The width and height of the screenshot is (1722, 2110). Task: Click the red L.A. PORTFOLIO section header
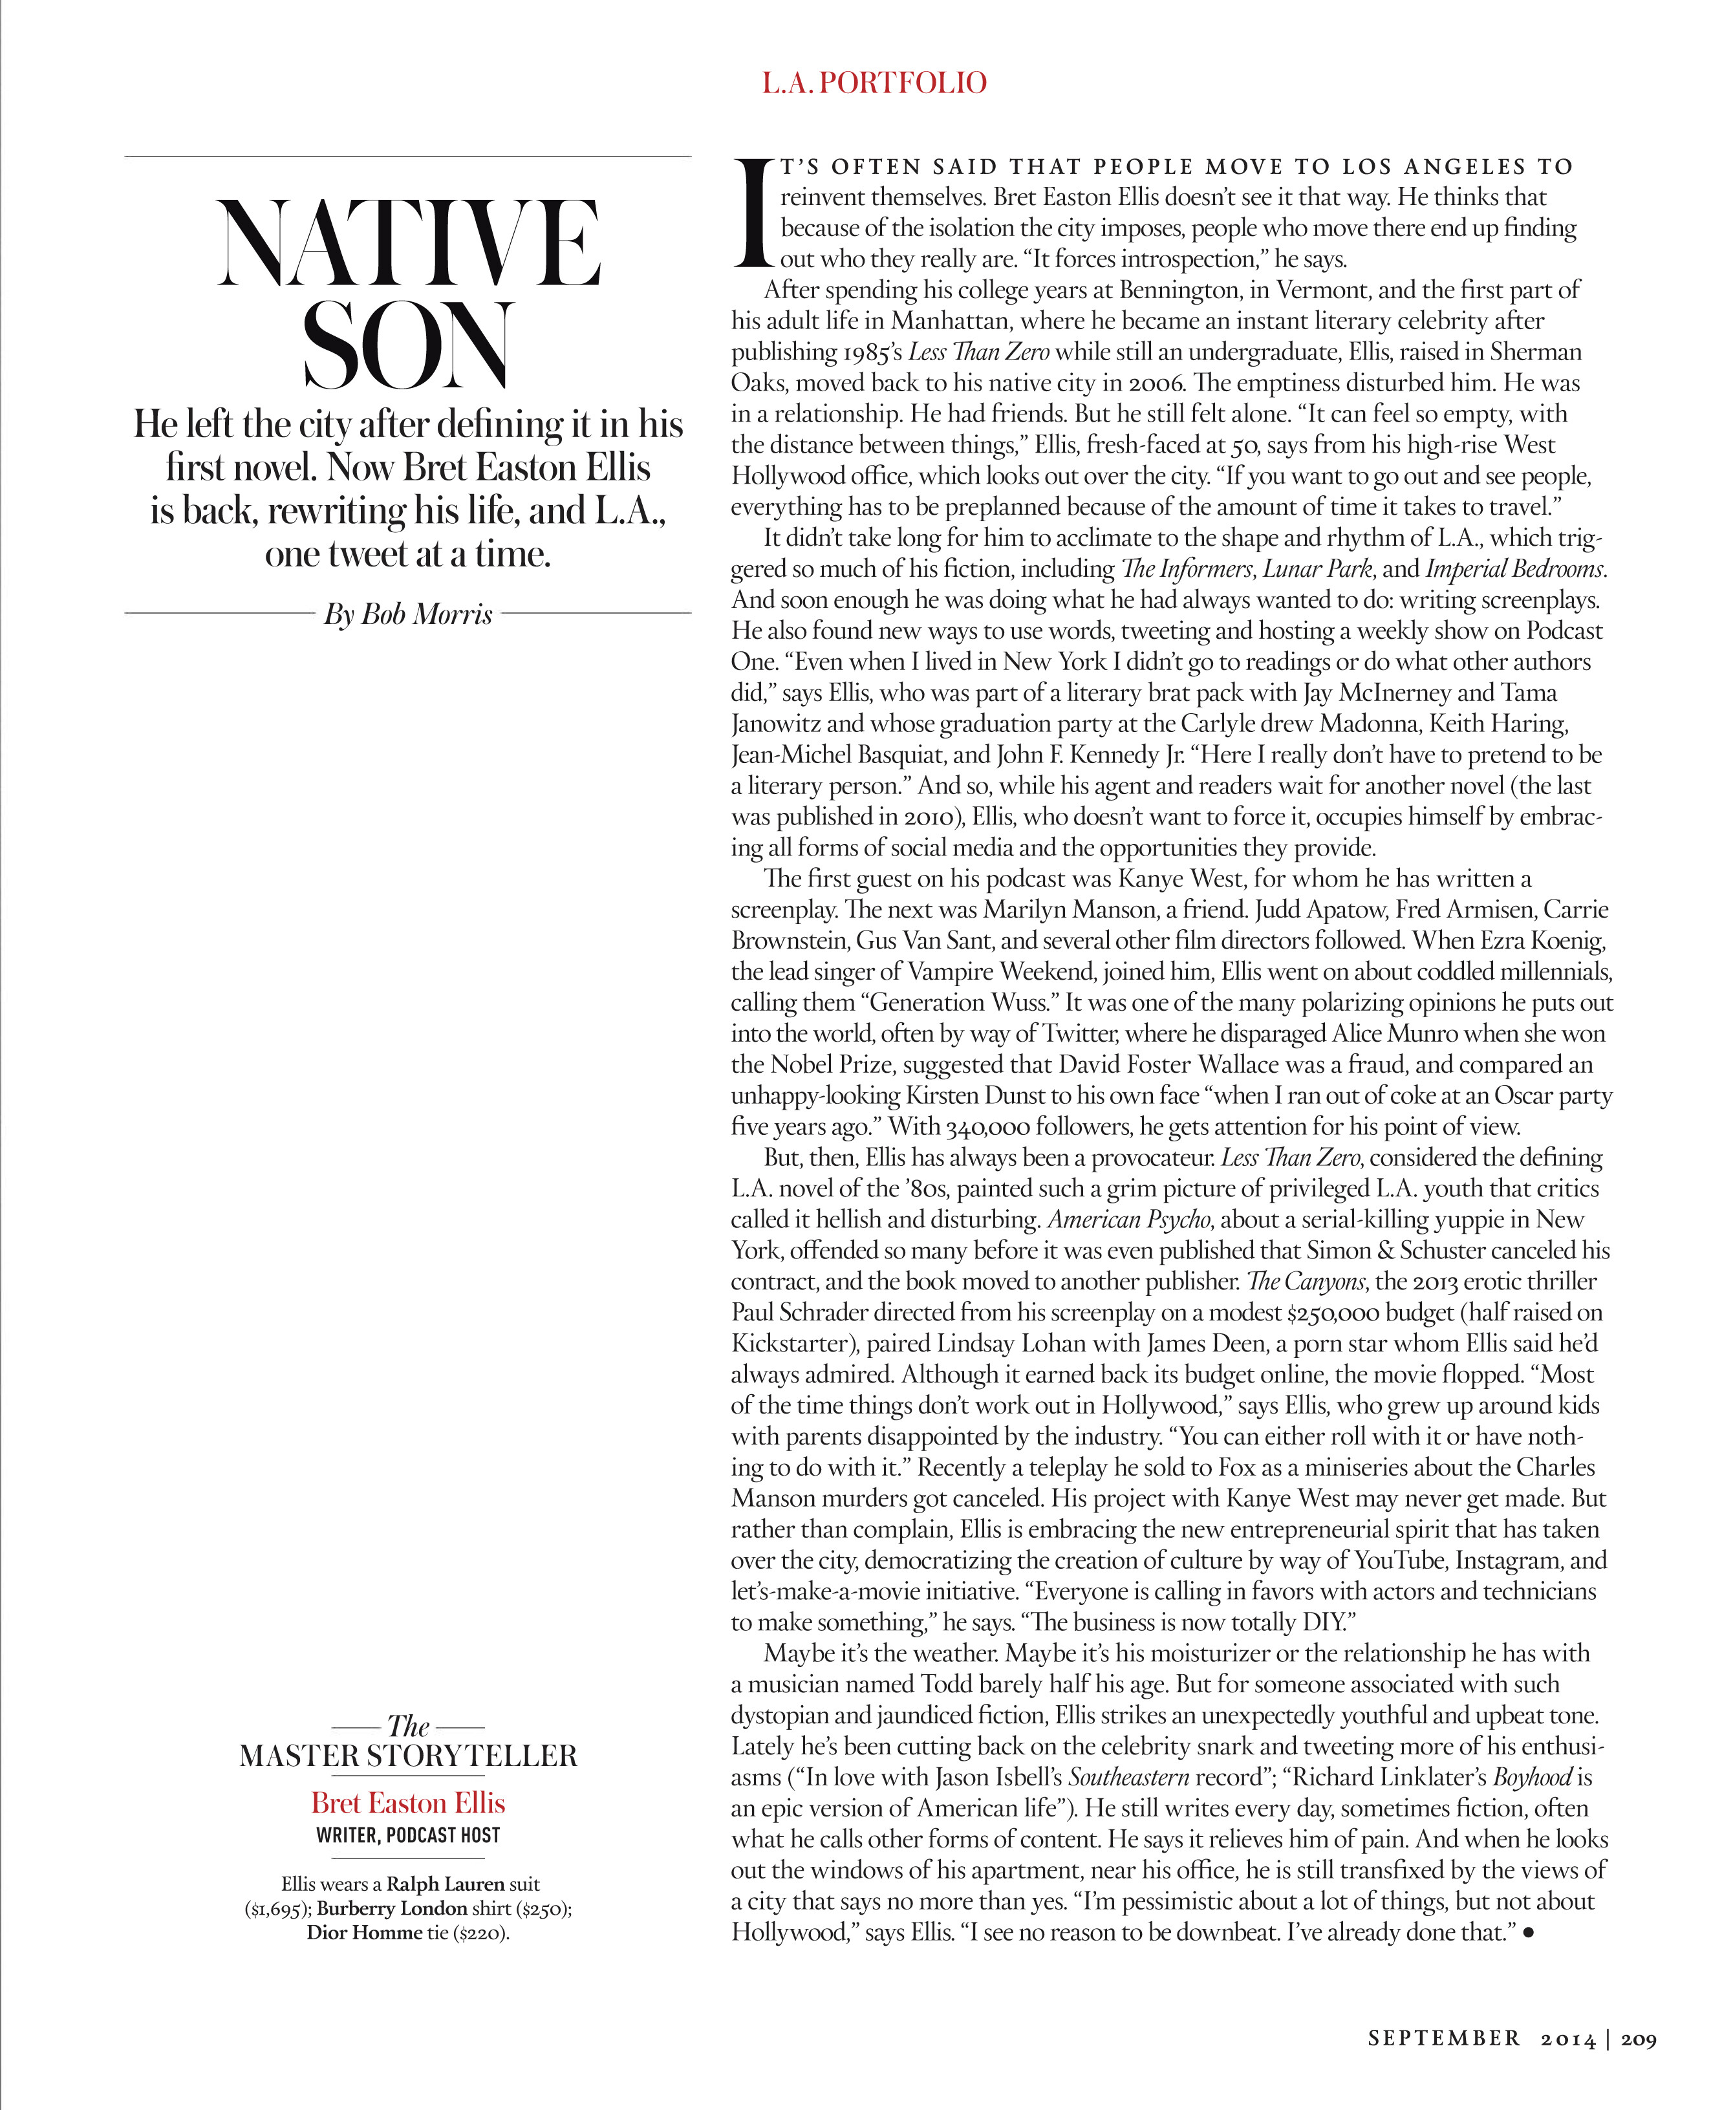[x=874, y=82]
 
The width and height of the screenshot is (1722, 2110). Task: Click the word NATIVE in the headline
[x=409, y=244]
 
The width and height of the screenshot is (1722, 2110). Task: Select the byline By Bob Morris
[x=407, y=615]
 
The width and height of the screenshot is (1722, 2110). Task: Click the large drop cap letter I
[x=753, y=213]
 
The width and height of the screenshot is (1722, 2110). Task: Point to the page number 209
[x=1639, y=2040]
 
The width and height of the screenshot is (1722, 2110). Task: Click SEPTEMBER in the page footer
[x=1443, y=2040]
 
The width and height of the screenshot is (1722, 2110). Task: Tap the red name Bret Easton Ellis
[x=407, y=1802]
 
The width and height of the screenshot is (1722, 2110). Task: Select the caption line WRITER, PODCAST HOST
[x=407, y=1835]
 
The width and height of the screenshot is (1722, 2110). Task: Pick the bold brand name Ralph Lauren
[x=446, y=1884]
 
